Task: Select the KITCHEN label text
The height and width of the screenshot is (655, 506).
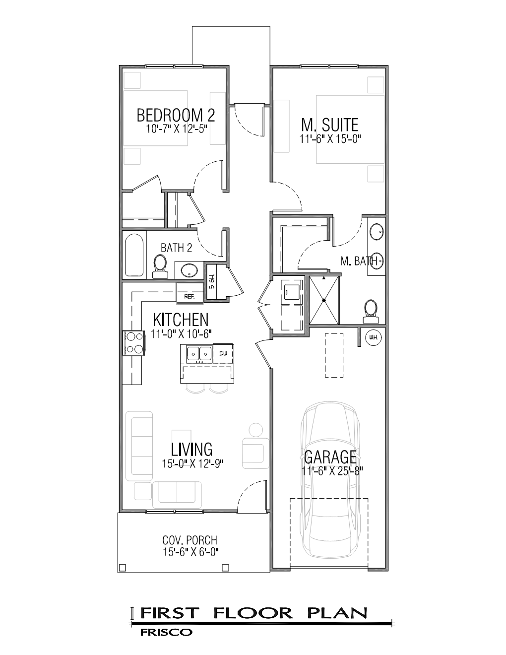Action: pos(181,319)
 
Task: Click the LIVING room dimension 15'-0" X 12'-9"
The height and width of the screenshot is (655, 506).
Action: pos(192,464)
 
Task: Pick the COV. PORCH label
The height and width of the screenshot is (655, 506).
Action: pos(190,540)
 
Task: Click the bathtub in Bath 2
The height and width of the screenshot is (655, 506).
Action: pos(134,255)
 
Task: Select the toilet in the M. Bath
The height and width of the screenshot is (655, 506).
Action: pos(370,308)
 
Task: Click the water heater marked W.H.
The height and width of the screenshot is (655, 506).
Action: pos(373,338)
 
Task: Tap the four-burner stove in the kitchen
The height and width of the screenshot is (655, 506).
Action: pos(132,343)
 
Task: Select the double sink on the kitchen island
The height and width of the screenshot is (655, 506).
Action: pos(198,353)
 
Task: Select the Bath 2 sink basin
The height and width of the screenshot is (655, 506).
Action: pos(189,271)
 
